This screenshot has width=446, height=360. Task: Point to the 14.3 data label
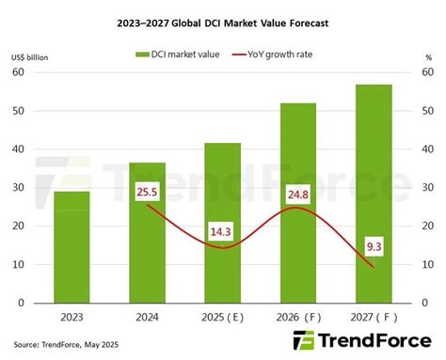point(223,230)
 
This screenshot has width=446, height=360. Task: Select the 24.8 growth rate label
point(297,195)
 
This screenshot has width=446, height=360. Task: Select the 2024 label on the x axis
point(148,317)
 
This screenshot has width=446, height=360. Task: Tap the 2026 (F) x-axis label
point(297,317)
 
